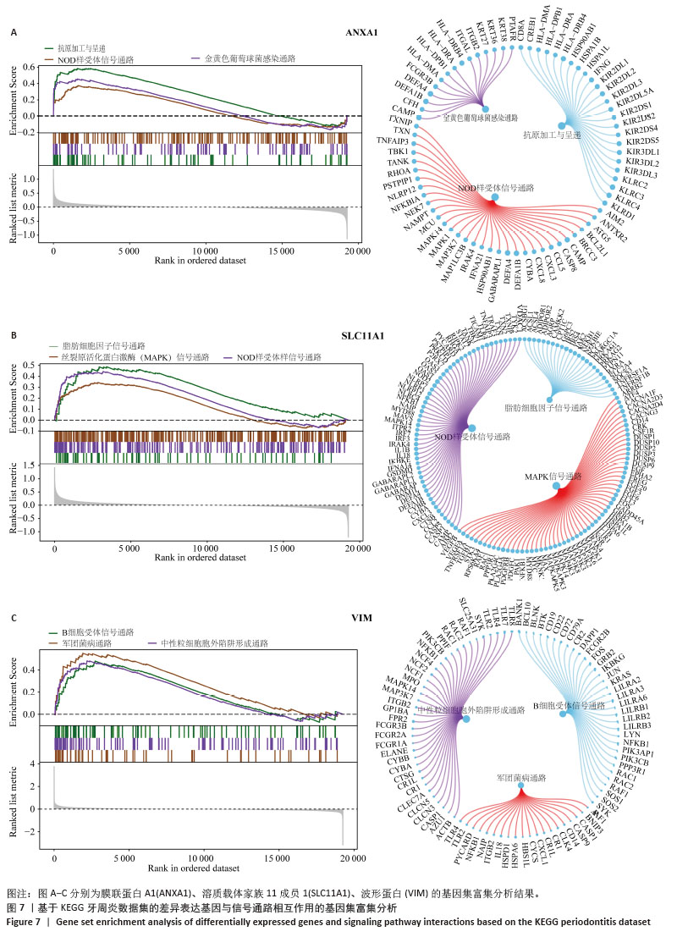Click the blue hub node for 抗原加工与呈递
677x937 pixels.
[x=562, y=125]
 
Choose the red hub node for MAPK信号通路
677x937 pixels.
[x=556, y=485]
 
